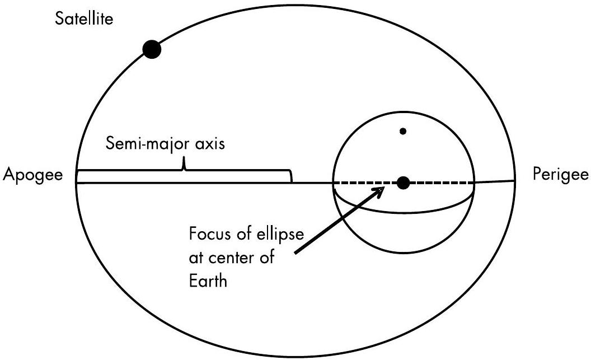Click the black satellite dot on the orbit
[152, 50]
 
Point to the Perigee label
[559, 175]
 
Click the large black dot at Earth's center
[403, 182]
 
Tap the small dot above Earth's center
[402, 132]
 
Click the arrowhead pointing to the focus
[381, 191]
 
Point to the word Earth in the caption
[208, 280]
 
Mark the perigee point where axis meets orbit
[514, 180]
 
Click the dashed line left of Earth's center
[364, 183]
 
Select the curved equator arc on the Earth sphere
[403, 211]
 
